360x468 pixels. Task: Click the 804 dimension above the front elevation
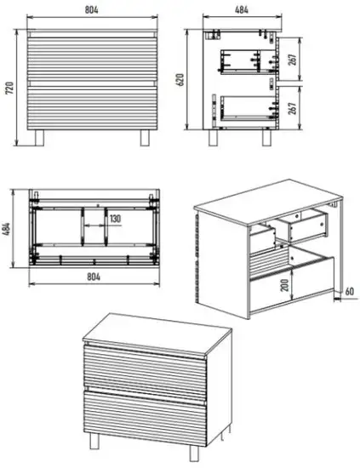click(x=92, y=9)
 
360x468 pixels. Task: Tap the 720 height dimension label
click(x=9, y=88)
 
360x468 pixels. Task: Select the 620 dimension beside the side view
click(x=180, y=80)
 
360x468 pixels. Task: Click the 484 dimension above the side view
click(x=242, y=9)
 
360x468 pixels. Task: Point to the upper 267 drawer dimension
click(x=293, y=60)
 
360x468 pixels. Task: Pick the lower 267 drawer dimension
click(x=293, y=108)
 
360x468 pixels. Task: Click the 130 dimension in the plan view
click(x=115, y=219)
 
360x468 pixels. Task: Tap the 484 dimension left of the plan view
click(x=7, y=229)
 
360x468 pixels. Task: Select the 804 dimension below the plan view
click(x=94, y=277)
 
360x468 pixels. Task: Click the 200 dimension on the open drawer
click(x=285, y=285)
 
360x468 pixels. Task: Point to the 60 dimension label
click(x=349, y=291)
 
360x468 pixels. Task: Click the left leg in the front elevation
click(x=39, y=138)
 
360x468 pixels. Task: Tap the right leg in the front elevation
click(x=145, y=138)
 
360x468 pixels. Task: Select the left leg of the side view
click(x=213, y=138)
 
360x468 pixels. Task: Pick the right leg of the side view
click(x=267, y=138)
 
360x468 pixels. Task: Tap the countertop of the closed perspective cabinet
click(x=157, y=335)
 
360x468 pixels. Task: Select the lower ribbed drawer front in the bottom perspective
click(x=145, y=417)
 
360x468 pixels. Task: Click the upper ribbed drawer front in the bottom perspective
click(x=145, y=372)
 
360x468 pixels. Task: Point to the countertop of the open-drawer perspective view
click(x=268, y=201)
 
